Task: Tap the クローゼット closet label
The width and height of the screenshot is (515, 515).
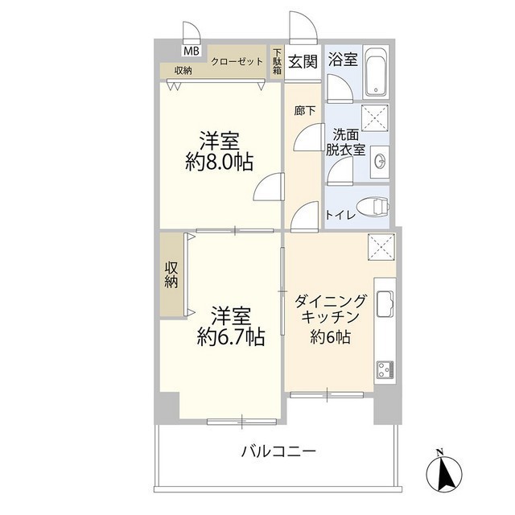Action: pos(237,61)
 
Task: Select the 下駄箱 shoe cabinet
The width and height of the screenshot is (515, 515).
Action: pos(277,63)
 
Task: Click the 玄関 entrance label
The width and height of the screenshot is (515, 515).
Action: pos(303,61)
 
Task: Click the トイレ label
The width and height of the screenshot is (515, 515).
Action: pos(338,216)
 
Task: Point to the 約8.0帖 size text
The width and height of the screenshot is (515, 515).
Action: pos(220,163)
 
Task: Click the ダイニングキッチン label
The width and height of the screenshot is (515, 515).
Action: pos(331,310)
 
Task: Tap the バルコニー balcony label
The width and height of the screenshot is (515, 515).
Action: pos(278,451)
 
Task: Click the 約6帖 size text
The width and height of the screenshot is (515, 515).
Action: pos(331,338)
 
